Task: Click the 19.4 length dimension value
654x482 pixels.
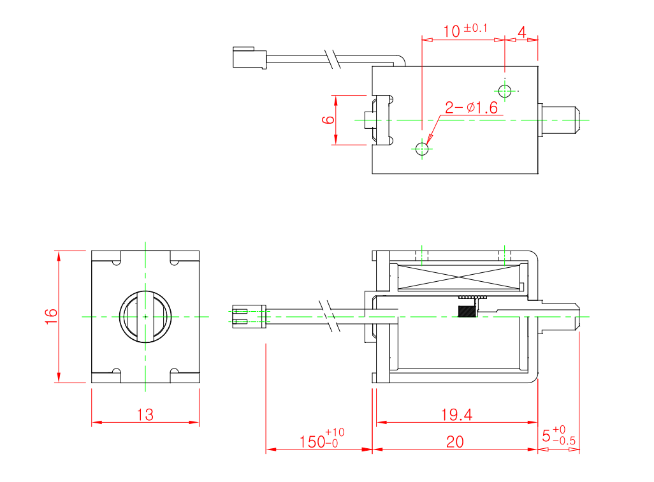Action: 456,415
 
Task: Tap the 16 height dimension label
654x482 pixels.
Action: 52,316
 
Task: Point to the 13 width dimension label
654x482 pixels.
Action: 145,415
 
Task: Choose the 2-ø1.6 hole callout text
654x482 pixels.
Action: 471,108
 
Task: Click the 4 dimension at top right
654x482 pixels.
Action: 521,32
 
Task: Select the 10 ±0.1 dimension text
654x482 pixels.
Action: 465,31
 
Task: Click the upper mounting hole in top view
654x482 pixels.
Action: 505,91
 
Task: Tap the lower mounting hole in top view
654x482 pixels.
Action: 422,149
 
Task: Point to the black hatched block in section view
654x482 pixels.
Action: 466,310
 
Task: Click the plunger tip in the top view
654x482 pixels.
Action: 561,120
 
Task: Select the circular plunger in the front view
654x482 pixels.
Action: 145,316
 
